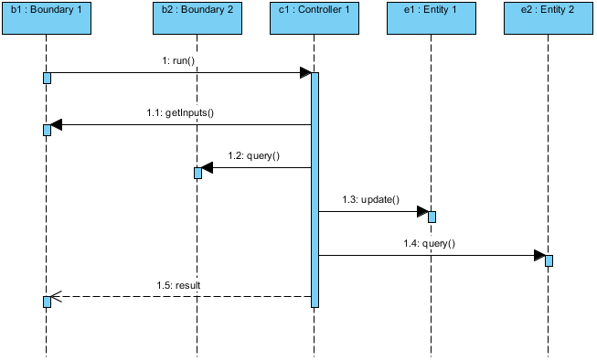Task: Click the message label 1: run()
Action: pyautogui.click(x=178, y=60)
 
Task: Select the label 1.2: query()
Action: pyautogui.click(x=254, y=155)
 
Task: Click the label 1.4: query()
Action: pyautogui.click(x=430, y=243)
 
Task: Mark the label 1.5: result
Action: pyautogui.click(x=177, y=285)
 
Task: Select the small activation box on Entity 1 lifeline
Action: pyautogui.click(x=432, y=217)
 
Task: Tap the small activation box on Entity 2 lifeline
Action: pyautogui.click(x=549, y=260)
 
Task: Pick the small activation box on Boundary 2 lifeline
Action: pyautogui.click(x=197, y=173)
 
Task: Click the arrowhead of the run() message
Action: pyautogui.click(x=305, y=73)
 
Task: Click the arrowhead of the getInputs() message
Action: pyautogui.click(x=57, y=124)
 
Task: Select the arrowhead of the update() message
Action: pyautogui.click(x=422, y=212)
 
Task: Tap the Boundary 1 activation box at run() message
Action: pyautogui.click(x=48, y=78)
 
